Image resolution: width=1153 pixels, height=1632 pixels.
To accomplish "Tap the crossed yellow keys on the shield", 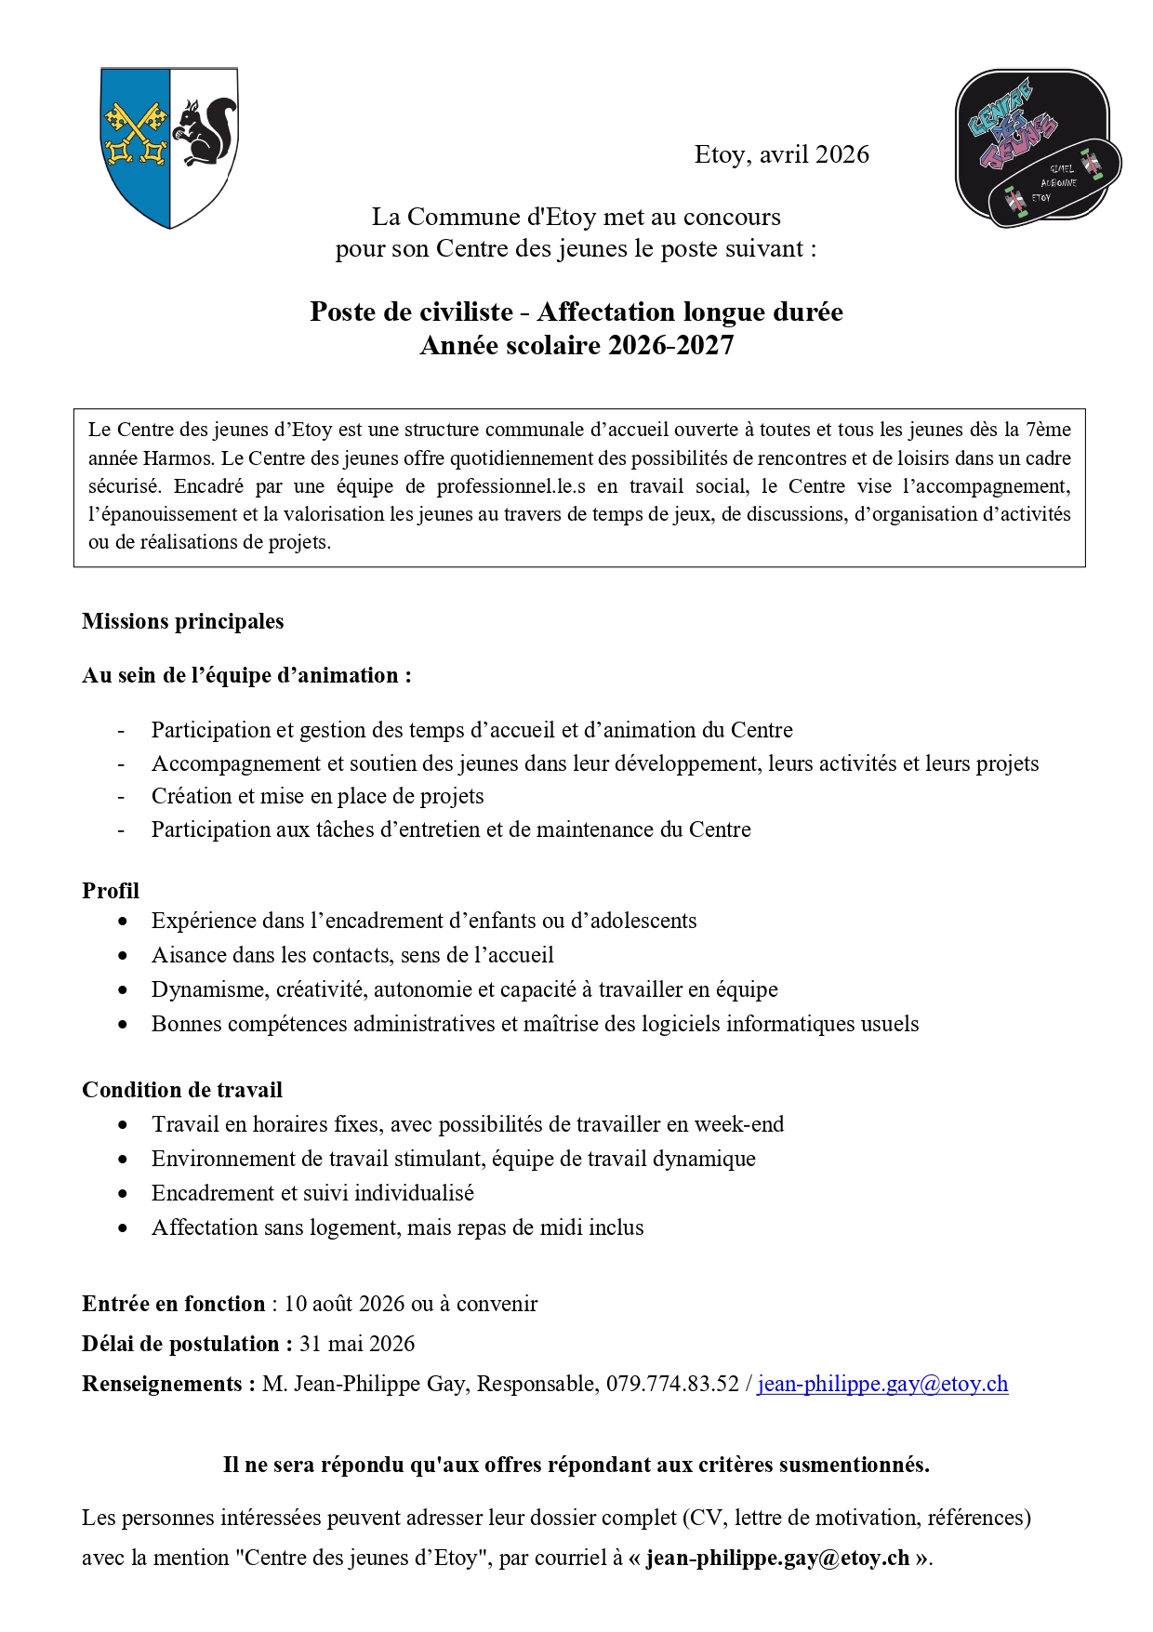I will click(136, 134).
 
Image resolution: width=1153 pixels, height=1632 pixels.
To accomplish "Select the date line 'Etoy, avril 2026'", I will click(781, 154).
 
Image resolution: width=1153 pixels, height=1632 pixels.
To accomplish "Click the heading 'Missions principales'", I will click(183, 621).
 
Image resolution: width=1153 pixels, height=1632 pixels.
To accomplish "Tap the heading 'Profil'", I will click(111, 890).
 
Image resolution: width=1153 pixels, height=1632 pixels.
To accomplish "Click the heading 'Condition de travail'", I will click(182, 1089).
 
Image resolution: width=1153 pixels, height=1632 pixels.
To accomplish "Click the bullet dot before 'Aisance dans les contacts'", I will click(124, 955).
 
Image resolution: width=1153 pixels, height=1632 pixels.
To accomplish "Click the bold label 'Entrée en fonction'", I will click(174, 1303).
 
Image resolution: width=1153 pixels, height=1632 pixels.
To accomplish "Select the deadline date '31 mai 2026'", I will click(357, 1343).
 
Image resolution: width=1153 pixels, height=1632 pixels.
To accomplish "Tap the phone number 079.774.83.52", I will click(672, 1383).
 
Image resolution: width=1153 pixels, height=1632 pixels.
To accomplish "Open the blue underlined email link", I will click(882, 1383).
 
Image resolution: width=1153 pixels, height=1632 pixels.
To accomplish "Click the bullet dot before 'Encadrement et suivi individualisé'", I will click(124, 1193).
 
